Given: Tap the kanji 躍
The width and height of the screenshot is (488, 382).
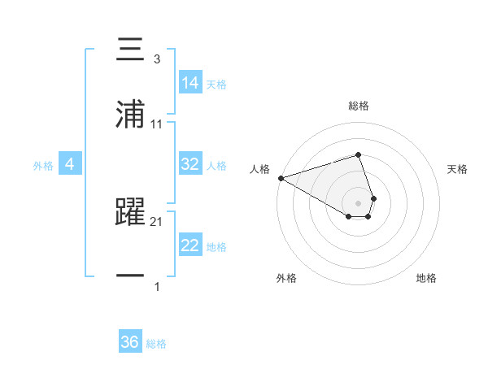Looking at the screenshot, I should pyautogui.click(x=131, y=213).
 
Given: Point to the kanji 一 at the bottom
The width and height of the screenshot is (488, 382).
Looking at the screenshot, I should pyautogui.click(x=131, y=277).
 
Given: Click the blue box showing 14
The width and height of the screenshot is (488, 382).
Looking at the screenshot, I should pyautogui.click(x=190, y=82).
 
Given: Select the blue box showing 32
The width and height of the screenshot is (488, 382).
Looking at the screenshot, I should pyautogui.click(x=190, y=163).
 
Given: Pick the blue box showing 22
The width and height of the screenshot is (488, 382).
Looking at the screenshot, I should pyautogui.click(x=190, y=245).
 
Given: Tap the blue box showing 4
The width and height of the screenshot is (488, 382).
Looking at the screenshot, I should pyautogui.click(x=70, y=164).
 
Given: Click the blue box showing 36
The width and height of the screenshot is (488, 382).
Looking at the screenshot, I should pyautogui.click(x=130, y=342).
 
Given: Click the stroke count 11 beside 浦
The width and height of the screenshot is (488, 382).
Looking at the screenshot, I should pyautogui.click(x=156, y=124).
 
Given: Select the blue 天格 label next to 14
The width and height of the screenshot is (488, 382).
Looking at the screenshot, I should pyautogui.click(x=216, y=84).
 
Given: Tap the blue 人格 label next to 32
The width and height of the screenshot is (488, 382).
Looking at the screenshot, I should pyautogui.click(x=216, y=165).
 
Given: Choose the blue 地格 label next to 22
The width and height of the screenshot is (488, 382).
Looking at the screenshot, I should pyautogui.click(x=216, y=246).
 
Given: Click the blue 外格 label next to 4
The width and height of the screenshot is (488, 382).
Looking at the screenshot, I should pyautogui.click(x=43, y=165).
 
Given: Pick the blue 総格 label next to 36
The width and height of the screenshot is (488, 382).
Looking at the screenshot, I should pyautogui.click(x=156, y=344).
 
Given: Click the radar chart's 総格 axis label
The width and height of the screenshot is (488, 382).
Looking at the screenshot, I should pyautogui.click(x=359, y=106).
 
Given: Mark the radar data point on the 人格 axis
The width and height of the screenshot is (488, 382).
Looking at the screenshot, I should pyautogui.click(x=281, y=178).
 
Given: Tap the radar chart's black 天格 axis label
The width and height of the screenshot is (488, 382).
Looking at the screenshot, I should pyautogui.click(x=458, y=169).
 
